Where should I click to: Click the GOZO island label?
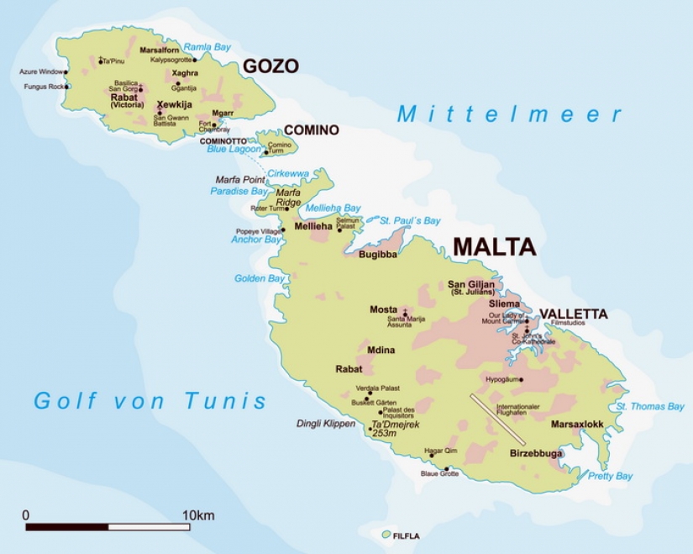[270, 66]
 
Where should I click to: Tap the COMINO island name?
[311, 130]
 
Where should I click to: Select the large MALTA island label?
[494, 246]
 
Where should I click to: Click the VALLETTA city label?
[573, 314]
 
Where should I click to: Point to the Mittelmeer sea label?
[510, 113]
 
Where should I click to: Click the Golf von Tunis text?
[150, 401]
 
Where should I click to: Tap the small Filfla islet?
[386, 534]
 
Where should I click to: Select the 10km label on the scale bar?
[198, 514]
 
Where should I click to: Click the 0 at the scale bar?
[26, 514]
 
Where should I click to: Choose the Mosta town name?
[384, 309]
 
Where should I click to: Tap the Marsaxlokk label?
[577, 425]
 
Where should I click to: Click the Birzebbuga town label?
[537, 453]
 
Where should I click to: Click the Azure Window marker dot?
[66, 72]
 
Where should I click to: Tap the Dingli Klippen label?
[326, 424]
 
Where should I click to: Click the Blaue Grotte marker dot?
[446, 468]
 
